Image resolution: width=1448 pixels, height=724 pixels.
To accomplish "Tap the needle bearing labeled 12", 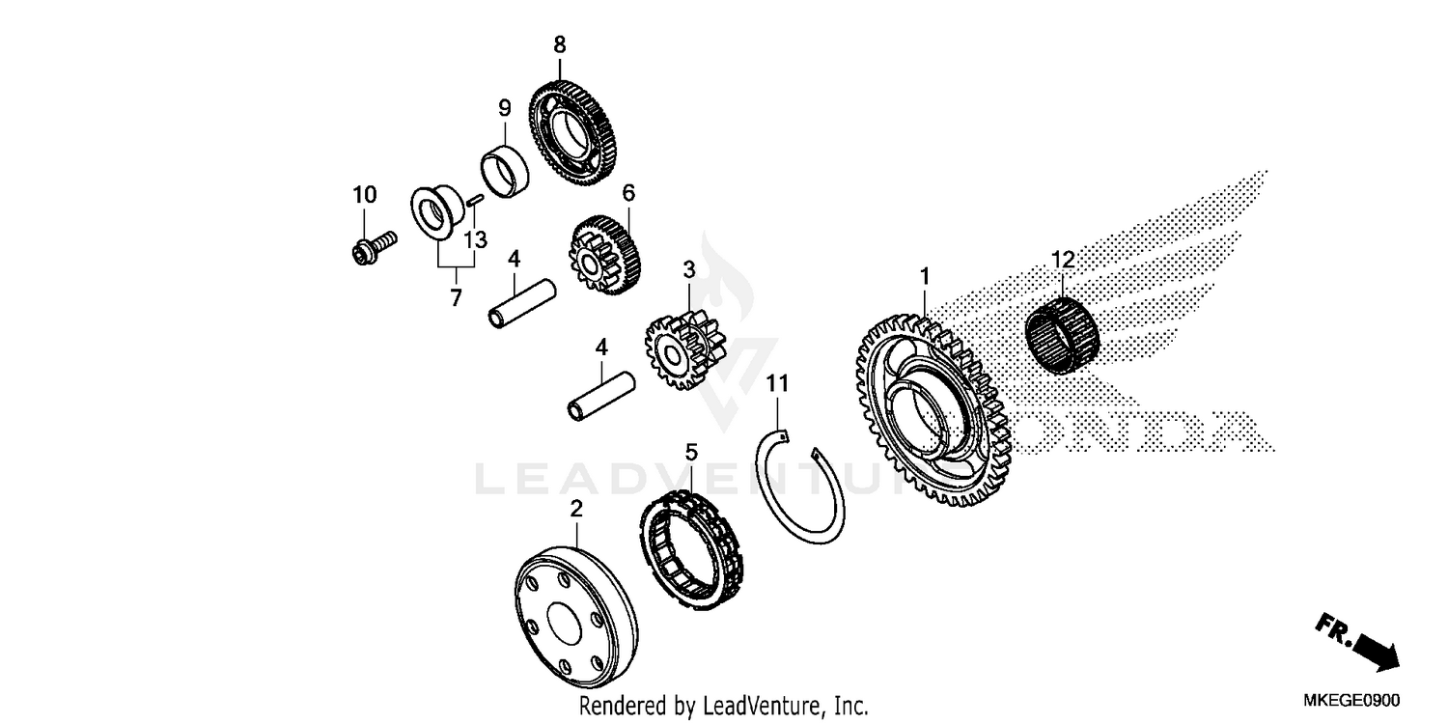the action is click(x=1062, y=335).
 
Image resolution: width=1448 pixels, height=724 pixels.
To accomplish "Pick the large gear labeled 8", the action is click(x=572, y=133).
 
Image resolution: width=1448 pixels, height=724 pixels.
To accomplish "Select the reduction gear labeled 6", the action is click(x=605, y=255).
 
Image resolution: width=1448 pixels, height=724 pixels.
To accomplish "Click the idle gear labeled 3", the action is click(x=685, y=350).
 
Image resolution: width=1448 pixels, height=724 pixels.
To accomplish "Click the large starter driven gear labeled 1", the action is click(x=933, y=410).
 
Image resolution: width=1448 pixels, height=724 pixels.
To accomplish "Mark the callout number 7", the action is click(x=457, y=298).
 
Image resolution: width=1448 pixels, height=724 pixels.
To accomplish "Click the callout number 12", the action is click(x=1064, y=260).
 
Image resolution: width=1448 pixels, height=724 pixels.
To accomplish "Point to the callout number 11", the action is click(x=778, y=384).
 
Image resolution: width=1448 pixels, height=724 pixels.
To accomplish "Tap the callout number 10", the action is click(x=365, y=195).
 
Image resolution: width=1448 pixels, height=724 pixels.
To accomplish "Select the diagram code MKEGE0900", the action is click(x=1351, y=700).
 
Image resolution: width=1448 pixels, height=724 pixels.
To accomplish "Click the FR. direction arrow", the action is click(x=1358, y=643).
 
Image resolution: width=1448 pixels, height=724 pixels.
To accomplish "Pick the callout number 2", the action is click(x=576, y=509).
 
